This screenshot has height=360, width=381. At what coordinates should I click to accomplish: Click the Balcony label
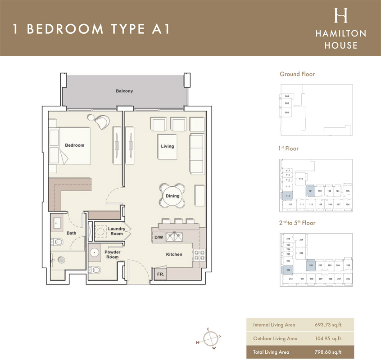(x=124, y=91)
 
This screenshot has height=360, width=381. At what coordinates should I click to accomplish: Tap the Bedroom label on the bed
(x=74, y=145)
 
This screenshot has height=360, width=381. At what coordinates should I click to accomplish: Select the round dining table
(x=172, y=196)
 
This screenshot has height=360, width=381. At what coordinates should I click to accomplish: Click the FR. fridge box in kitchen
(x=160, y=274)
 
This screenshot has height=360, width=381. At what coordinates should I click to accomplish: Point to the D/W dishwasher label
(x=159, y=237)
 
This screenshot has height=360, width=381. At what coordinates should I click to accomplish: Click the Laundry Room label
(x=116, y=231)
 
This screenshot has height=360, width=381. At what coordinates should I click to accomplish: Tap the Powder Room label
(x=113, y=254)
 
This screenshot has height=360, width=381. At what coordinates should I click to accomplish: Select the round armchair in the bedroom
(x=102, y=121)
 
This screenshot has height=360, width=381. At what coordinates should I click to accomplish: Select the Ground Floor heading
(x=297, y=74)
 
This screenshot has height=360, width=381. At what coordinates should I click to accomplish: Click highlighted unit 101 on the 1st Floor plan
(x=310, y=191)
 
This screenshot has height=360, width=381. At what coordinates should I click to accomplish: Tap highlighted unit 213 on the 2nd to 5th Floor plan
(x=288, y=270)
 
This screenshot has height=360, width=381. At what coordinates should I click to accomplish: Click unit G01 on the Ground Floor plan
(x=286, y=112)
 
